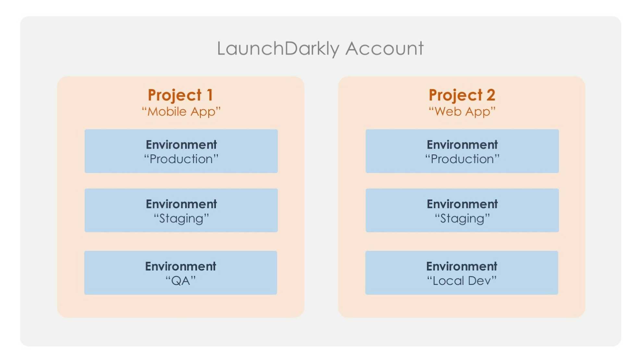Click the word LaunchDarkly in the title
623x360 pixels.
(278, 49)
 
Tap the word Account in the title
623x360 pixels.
(385, 49)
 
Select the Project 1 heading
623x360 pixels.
(180, 95)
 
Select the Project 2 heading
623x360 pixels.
(462, 95)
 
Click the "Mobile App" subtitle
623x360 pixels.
(181, 112)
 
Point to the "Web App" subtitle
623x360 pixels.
(462, 112)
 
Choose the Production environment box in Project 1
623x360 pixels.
(181, 151)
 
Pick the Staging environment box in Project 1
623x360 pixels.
(181, 210)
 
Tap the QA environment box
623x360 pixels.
(181, 272)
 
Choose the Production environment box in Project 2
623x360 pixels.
(462, 151)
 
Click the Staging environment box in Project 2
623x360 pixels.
(462, 210)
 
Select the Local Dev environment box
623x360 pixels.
(462, 272)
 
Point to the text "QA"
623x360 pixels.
(181, 281)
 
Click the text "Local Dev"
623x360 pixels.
(462, 281)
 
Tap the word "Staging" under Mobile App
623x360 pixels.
(181, 218)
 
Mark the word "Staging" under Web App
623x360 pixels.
(462, 218)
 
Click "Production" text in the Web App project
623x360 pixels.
(462, 159)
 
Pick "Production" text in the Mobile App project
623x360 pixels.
(181, 159)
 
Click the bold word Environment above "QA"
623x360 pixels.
(181, 266)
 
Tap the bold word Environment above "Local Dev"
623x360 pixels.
(462, 266)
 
